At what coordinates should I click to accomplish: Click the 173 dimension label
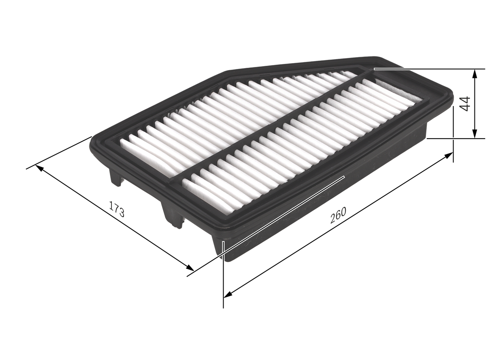pyautogui.click(x=117, y=209)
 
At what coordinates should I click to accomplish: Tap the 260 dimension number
pyautogui.click(x=338, y=215)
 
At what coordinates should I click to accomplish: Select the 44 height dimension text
pyautogui.click(x=465, y=104)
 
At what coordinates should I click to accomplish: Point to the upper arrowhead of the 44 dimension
pyautogui.click(x=475, y=73)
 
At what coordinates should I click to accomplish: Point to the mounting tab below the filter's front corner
pyautogui.click(x=218, y=246)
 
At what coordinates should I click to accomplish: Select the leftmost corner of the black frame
pyautogui.click(x=91, y=142)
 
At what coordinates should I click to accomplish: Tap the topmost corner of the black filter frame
pyautogui.click(x=380, y=58)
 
